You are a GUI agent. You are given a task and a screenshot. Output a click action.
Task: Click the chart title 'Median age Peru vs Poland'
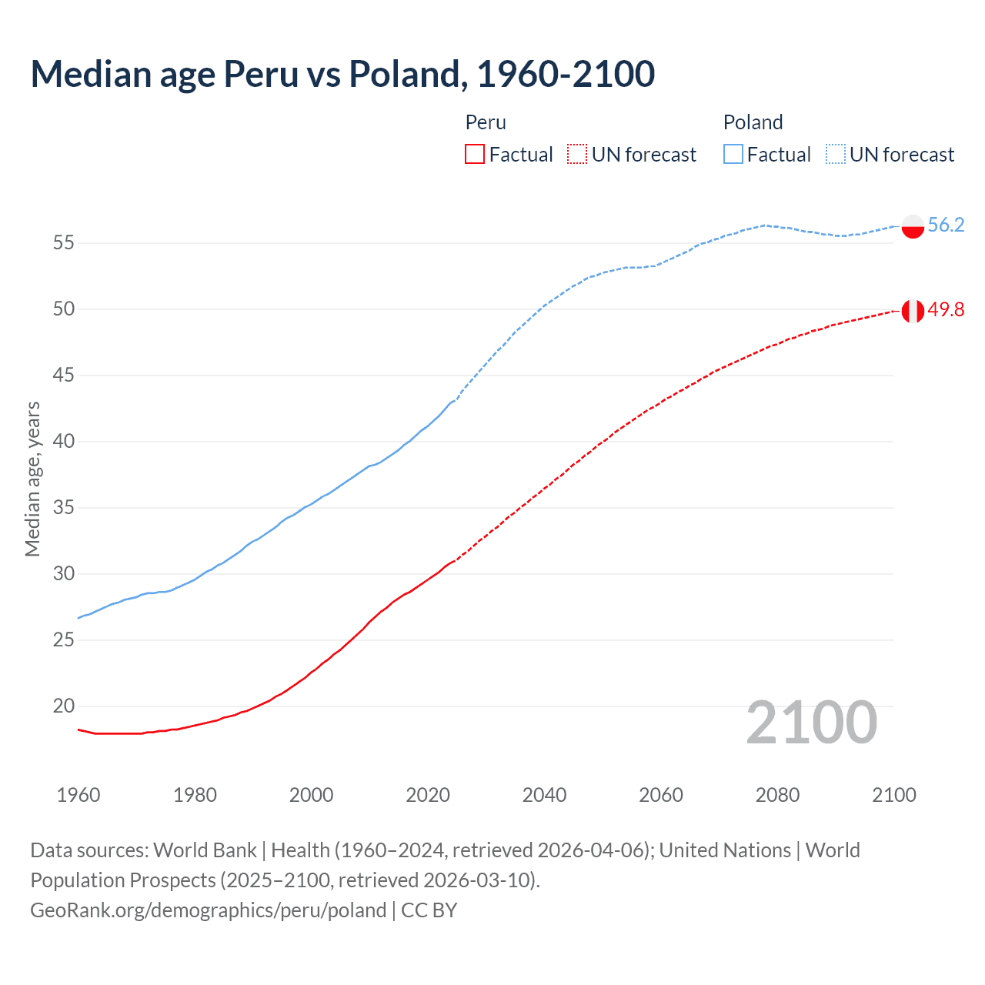click(342, 74)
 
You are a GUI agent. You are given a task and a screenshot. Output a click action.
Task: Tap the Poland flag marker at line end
click(913, 226)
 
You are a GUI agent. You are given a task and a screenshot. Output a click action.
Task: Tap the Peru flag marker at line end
click(913, 311)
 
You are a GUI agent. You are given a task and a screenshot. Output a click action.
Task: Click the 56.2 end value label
click(946, 225)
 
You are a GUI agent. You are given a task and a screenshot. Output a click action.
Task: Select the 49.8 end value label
click(946, 309)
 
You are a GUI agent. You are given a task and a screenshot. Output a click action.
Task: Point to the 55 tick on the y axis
click(63, 243)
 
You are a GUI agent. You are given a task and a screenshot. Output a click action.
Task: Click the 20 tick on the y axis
click(63, 706)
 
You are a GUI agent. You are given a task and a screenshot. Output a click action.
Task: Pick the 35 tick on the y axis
click(63, 508)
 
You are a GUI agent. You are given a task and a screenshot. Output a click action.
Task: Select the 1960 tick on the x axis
click(78, 795)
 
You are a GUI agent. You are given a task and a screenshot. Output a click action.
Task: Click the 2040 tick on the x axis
click(544, 795)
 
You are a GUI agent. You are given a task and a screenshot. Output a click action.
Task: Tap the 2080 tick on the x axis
click(777, 795)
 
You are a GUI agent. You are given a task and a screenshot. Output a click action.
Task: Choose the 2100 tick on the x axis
click(893, 795)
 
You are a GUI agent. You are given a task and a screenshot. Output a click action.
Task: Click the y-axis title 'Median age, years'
click(32, 479)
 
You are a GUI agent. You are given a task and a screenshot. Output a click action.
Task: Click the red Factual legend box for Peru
click(475, 155)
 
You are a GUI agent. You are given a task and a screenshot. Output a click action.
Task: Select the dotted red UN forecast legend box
click(577, 155)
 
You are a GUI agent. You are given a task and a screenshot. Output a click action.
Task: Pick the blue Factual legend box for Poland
click(733, 155)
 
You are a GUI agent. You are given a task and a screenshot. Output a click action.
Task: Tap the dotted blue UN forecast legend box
click(835, 155)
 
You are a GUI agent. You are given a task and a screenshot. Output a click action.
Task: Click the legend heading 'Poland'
click(753, 122)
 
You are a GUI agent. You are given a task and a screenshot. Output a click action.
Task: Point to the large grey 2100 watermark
click(811, 722)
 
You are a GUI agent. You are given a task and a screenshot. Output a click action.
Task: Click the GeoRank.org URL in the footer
click(208, 910)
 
